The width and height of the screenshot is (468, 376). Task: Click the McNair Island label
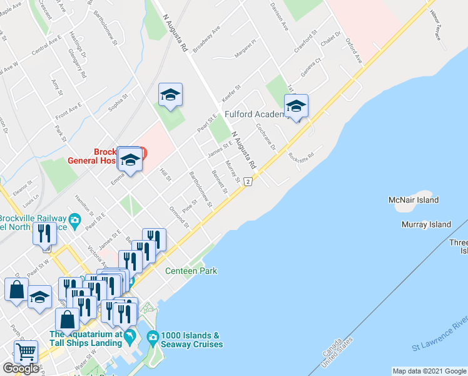tap(413, 200)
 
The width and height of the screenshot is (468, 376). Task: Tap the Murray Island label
tap(427, 224)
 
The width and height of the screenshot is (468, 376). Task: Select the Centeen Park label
tap(191, 271)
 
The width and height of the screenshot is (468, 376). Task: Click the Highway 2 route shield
tap(248, 182)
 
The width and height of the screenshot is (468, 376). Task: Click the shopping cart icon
tap(26, 352)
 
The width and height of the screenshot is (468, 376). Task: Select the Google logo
tap(21, 368)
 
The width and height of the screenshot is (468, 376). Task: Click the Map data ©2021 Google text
tap(429, 371)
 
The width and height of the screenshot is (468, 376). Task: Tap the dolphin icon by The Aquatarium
tap(130, 338)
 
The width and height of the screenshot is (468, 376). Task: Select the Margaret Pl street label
tap(246, 50)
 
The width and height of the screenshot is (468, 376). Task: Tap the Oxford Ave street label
tap(354, 51)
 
